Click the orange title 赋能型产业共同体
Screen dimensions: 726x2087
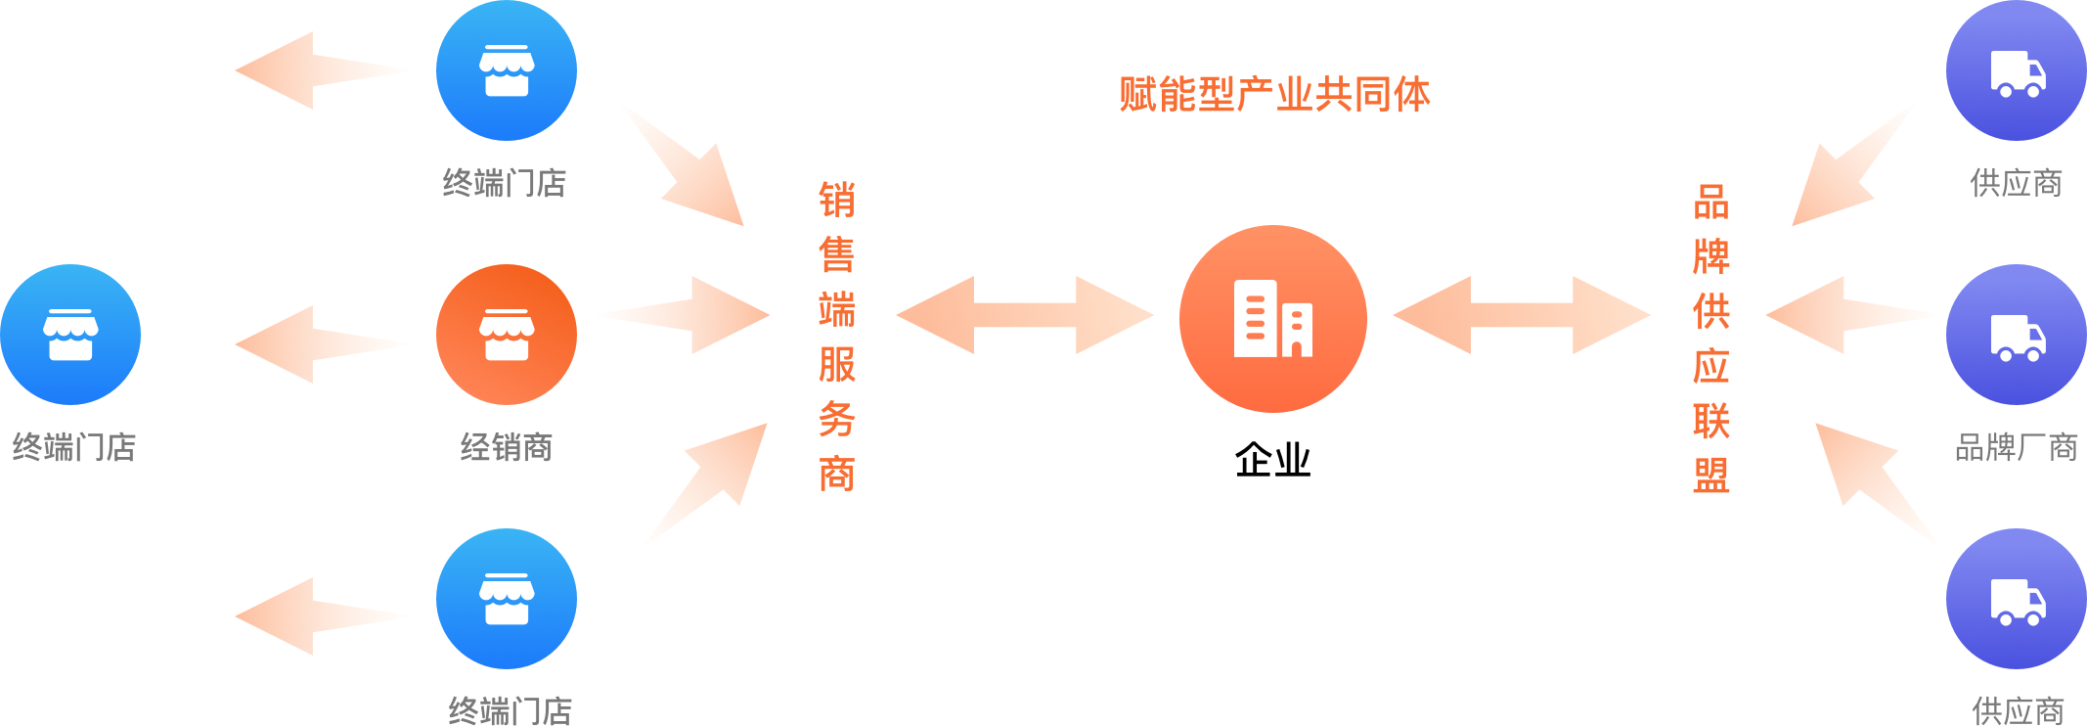click(1274, 95)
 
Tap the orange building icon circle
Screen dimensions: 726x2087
click(1272, 319)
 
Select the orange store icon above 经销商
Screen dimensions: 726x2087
click(507, 335)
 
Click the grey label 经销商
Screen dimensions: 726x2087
click(507, 447)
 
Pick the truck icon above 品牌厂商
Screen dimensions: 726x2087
click(2016, 335)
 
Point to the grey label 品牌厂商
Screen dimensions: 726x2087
click(2016, 447)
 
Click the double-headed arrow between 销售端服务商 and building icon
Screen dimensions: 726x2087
click(1025, 315)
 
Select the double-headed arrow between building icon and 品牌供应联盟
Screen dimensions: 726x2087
click(1522, 315)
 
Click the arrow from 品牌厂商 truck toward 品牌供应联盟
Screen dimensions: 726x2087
click(1853, 315)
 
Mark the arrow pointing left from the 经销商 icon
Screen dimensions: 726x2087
click(324, 343)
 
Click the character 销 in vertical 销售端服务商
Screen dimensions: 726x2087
click(837, 201)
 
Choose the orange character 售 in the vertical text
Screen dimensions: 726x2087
click(837, 255)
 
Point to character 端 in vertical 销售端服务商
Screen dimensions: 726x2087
click(837, 310)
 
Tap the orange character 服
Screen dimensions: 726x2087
click(837, 365)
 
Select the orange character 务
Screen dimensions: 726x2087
click(837, 420)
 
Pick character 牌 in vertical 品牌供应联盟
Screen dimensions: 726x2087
click(1711, 257)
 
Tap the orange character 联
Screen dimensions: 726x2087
click(1711, 422)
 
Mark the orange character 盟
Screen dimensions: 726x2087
click(1711, 476)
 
